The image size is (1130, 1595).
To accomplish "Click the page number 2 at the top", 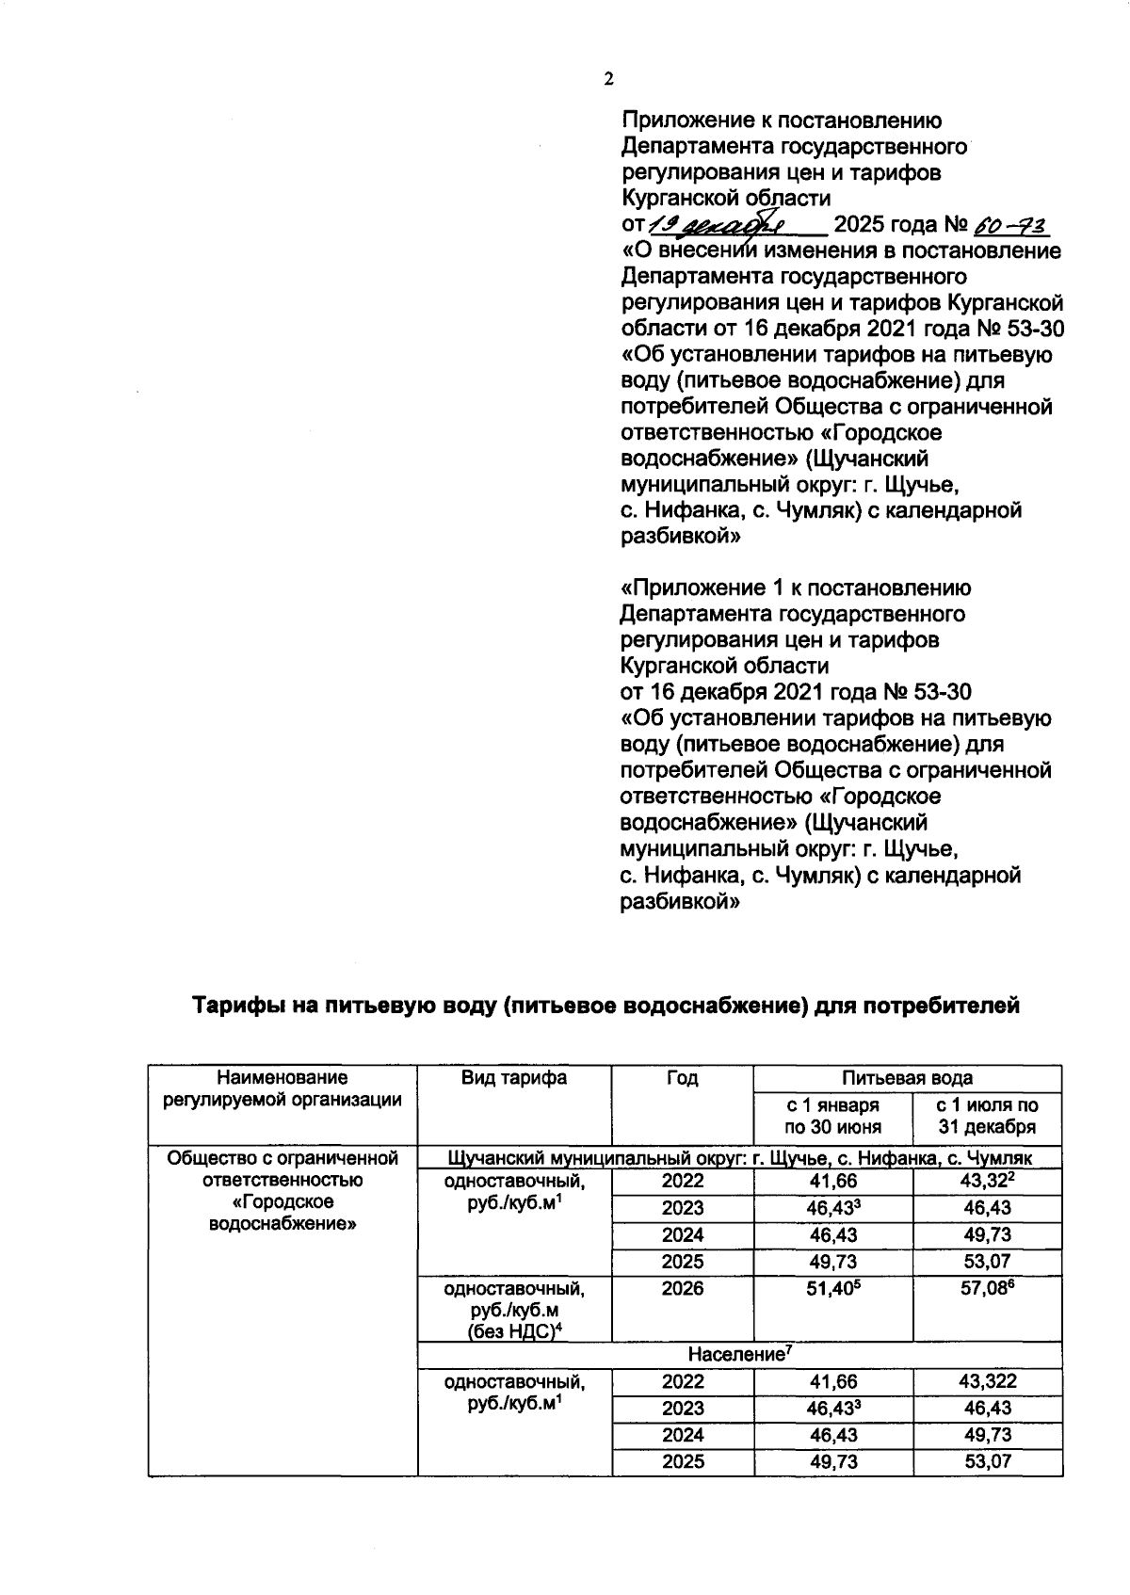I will coord(608,79).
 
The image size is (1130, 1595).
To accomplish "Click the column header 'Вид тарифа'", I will coord(514,1078).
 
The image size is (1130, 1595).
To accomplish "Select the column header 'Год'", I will coord(682,1078).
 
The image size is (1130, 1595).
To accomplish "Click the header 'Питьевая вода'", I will coord(907,1078).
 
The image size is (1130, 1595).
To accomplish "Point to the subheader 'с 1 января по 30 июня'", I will coord(832,1116).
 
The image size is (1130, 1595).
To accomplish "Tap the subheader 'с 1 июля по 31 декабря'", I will coord(986,1116).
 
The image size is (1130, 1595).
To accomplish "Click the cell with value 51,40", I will coord(832,1288).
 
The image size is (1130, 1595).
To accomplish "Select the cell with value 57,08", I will coord(986,1288).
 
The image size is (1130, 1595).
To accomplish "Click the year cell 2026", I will coord(682,1288).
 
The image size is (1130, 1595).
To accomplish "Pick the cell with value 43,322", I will coord(986,1381).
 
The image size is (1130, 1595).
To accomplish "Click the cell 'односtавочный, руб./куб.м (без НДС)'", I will coord(514,1310).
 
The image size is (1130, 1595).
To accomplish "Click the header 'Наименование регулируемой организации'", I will coord(282,1088).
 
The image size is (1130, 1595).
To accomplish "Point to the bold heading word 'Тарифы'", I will coord(240,1006).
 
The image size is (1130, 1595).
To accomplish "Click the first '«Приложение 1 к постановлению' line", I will coord(796,588).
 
